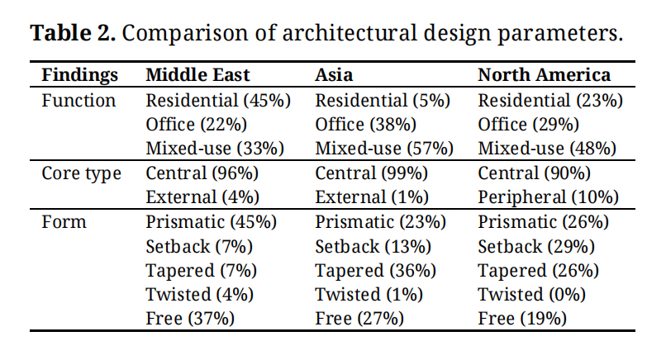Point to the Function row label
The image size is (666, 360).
[78, 101]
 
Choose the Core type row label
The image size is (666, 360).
[82, 173]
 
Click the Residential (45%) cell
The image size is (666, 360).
[218, 101]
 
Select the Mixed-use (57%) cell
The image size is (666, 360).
[384, 149]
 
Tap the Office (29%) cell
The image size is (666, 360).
[528, 126]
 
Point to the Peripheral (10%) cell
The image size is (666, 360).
[549, 198]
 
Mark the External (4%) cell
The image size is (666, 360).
[202, 198]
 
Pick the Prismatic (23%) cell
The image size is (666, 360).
[380, 222]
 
